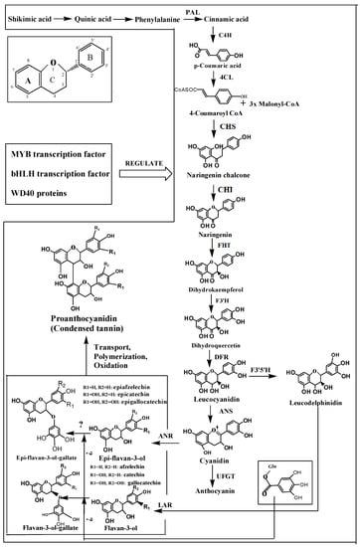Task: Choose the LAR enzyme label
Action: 195,506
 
